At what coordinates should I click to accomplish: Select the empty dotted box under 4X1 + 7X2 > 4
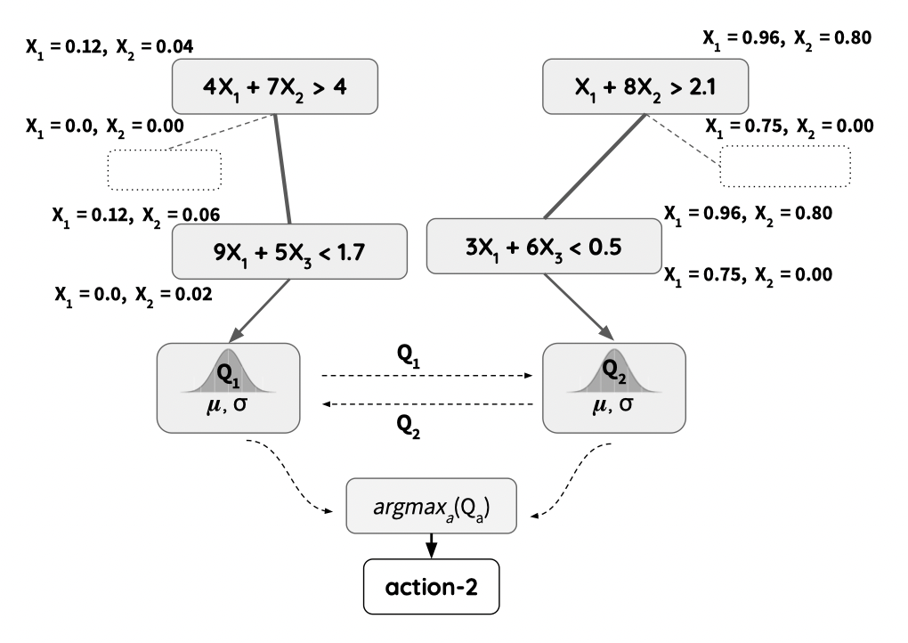[164, 169]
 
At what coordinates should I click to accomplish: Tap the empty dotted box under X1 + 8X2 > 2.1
[785, 166]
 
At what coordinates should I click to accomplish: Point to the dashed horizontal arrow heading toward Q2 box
[427, 376]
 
